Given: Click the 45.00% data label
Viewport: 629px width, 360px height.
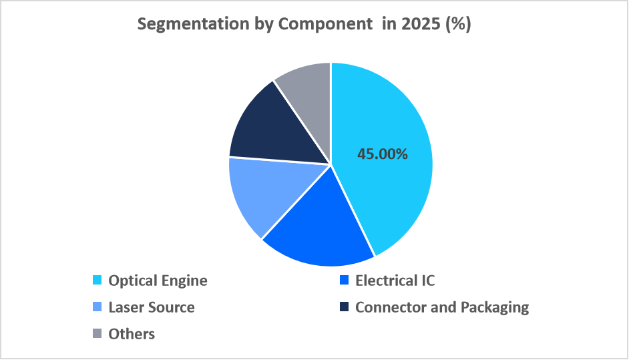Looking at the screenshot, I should [383, 154].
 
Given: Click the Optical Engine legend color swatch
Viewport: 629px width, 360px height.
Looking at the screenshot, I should [97, 281].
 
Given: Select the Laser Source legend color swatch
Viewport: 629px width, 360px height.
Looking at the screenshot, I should [97, 307].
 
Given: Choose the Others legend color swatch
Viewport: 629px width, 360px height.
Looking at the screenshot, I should [97, 334].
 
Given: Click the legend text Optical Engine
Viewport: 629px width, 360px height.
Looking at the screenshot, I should [158, 281].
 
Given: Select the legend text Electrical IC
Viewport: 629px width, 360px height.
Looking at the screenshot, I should [395, 281].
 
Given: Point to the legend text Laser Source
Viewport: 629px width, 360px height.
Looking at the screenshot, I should [152, 307].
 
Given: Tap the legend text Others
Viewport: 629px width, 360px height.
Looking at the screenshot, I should [132, 334].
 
